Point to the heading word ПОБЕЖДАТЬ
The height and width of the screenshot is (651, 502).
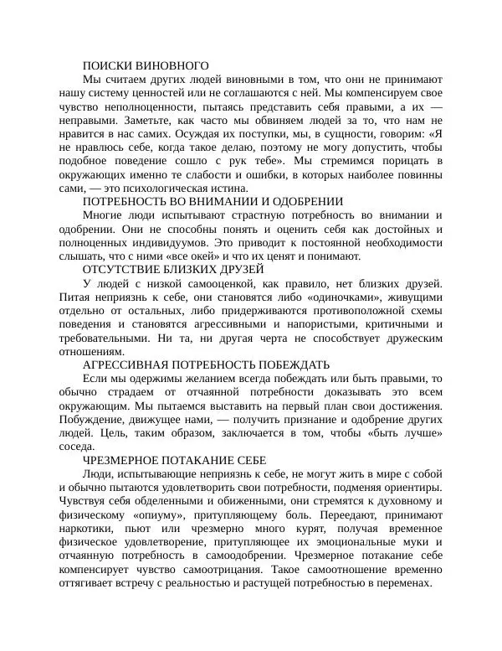pos(281,364)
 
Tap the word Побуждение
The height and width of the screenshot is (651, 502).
pos(95,419)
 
